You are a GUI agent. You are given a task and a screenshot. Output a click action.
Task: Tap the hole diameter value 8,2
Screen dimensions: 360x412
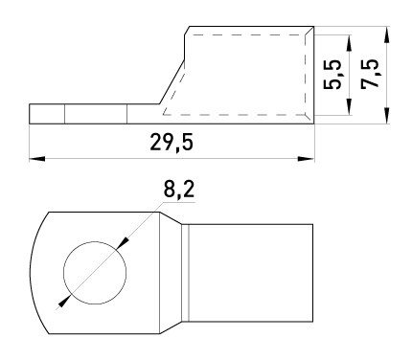click(x=178, y=191)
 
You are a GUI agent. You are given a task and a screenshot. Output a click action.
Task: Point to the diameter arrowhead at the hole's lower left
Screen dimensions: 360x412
click(x=63, y=302)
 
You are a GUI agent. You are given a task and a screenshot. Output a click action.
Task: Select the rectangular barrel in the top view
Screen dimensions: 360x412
click(x=251, y=273)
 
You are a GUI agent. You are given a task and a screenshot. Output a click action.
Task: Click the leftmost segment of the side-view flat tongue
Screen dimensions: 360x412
click(x=47, y=114)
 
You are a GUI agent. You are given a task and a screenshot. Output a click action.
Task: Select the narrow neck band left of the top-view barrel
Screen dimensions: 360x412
click(x=185, y=273)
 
